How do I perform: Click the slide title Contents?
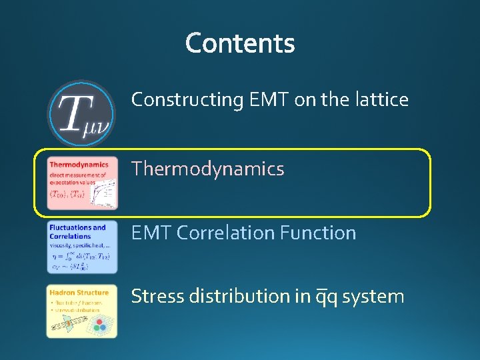coord(240,43)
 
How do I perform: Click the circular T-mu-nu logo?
coord(81,113)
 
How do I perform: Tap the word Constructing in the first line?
coord(187,100)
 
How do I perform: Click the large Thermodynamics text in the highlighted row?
coord(207,169)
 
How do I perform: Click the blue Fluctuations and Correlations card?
coord(82,247)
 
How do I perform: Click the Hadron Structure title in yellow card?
coord(79,292)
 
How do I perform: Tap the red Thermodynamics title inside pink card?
coord(79,165)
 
